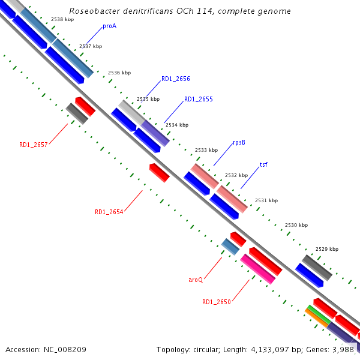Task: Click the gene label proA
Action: point(109,26)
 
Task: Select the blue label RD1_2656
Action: point(175,79)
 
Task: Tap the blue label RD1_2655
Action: point(198,99)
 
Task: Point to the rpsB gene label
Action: point(239,142)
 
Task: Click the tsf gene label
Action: point(263,164)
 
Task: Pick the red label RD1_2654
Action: point(109,212)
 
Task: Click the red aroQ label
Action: point(196,280)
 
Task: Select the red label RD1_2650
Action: point(216,302)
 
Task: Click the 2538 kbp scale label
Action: point(62,20)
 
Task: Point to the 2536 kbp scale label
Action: point(119,73)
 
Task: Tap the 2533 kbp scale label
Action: point(206,150)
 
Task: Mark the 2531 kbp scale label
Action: point(266,200)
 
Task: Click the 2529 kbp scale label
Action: point(327,249)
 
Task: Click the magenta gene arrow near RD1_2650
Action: point(258,269)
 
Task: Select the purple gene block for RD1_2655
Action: point(155,133)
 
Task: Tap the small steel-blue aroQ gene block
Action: point(230,246)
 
